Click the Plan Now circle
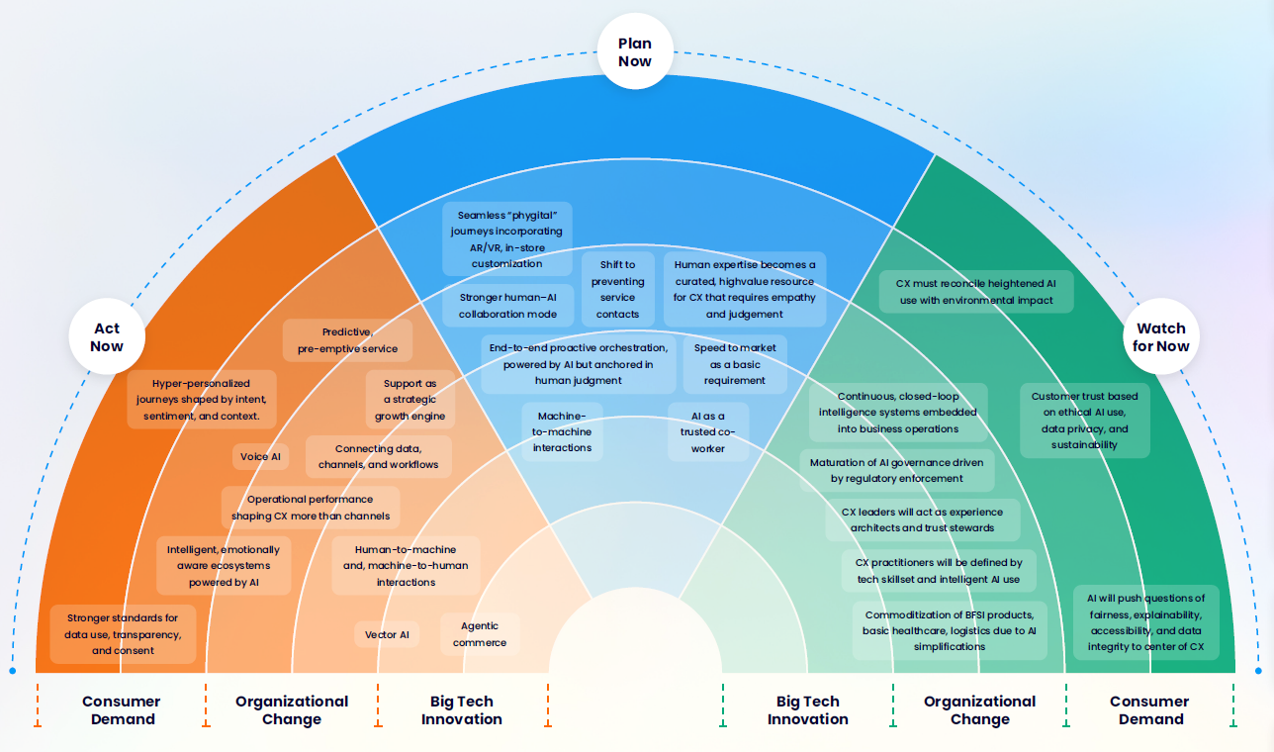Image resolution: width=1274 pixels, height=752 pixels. tap(635, 52)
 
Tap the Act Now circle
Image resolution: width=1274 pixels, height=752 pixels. tap(107, 337)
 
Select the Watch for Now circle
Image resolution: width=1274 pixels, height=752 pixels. tap(1161, 337)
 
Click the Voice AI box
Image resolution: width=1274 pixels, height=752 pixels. tap(261, 457)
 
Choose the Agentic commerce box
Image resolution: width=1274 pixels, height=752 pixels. tap(480, 634)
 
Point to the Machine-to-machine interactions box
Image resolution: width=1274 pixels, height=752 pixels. tap(563, 432)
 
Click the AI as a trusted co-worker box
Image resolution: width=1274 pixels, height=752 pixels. tap(708, 432)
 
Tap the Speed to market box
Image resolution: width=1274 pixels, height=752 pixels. tap(735, 364)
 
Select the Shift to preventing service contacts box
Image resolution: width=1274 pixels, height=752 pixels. tap(617, 290)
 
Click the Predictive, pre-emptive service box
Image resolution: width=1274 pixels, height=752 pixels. tap(347, 340)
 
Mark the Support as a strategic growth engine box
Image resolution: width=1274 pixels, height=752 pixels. tap(409, 400)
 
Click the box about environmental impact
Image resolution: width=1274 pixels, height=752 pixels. tap(976, 292)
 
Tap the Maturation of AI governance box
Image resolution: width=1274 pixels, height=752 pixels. tap(897, 470)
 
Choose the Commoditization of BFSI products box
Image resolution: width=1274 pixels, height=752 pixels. tap(950, 631)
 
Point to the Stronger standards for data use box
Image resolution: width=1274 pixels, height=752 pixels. tap(123, 634)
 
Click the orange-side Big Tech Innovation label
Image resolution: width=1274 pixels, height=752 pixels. tap(462, 710)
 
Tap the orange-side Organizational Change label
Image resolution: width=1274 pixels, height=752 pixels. tap(292, 710)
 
